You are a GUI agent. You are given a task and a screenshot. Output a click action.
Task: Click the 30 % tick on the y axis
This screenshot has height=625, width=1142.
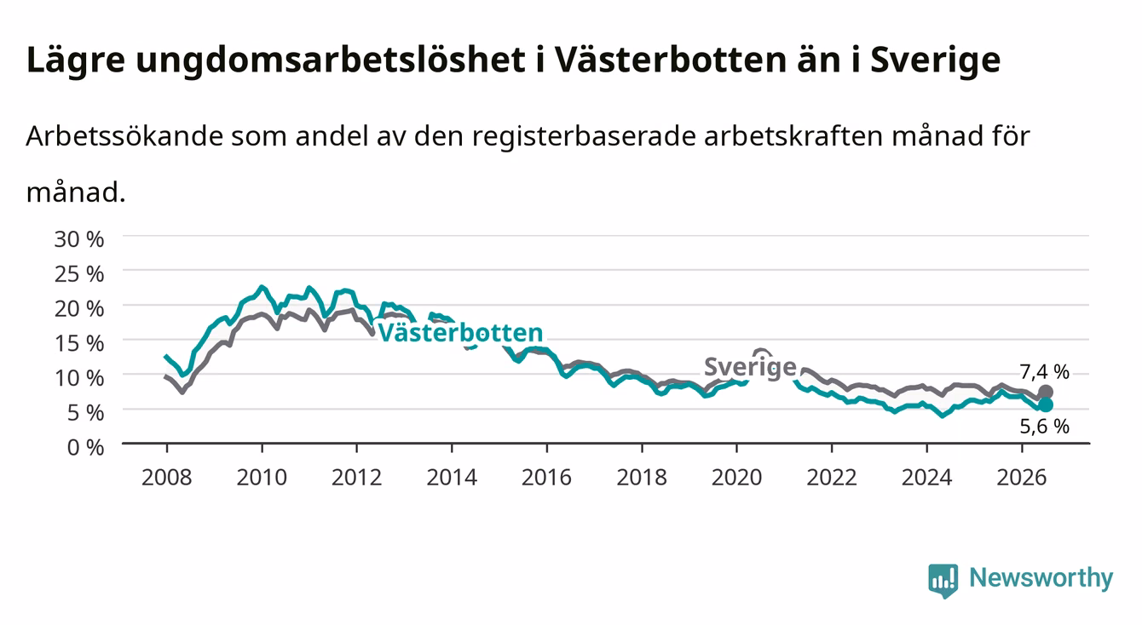click(x=79, y=239)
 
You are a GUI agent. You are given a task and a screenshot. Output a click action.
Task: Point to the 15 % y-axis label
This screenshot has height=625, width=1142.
click(x=79, y=343)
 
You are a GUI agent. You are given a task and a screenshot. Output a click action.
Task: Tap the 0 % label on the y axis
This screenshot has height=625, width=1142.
click(x=85, y=447)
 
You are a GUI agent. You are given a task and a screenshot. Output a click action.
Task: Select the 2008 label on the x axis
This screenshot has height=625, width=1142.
click(x=167, y=478)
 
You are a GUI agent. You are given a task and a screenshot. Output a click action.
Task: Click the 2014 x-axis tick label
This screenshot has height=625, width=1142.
click(x=452, y=478)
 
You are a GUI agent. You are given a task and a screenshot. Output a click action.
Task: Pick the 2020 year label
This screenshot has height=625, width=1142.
click(x=736, y=478)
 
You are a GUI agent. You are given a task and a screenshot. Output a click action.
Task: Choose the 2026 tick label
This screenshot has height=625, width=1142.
click(x=1022, y=478)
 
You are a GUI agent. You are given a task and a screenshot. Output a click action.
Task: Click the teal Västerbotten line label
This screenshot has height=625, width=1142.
click(x=460, y=333)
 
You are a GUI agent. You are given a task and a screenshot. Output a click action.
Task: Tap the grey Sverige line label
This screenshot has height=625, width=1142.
click(x=750, y=367)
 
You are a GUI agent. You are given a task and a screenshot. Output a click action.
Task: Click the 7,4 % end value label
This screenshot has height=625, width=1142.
click(x=1044, y=372)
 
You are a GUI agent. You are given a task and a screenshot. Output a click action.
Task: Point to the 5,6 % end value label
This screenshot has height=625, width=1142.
click(x=1044, y=427)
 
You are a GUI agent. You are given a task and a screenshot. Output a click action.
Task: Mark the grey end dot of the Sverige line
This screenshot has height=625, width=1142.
click(x=1046, y=393)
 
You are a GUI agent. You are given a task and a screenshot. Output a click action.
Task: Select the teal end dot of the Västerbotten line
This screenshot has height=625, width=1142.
click(x=1046, y=405)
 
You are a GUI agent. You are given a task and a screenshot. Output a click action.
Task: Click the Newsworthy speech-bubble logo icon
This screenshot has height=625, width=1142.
click(x=943, y=581)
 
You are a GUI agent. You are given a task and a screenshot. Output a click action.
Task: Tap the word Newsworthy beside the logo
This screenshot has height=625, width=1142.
click(x=1041, y=578)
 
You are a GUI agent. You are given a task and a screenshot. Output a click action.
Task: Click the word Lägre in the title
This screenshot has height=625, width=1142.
click(x=76, y=60)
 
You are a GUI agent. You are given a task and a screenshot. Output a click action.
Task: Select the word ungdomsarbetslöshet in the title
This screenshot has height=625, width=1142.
click(x=331, y=60)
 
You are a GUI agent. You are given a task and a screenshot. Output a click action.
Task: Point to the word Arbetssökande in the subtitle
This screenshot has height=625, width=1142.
click(x=124, y=136)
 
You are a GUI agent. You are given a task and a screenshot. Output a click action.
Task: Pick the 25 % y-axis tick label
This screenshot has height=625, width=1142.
click(x=79, y=274)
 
